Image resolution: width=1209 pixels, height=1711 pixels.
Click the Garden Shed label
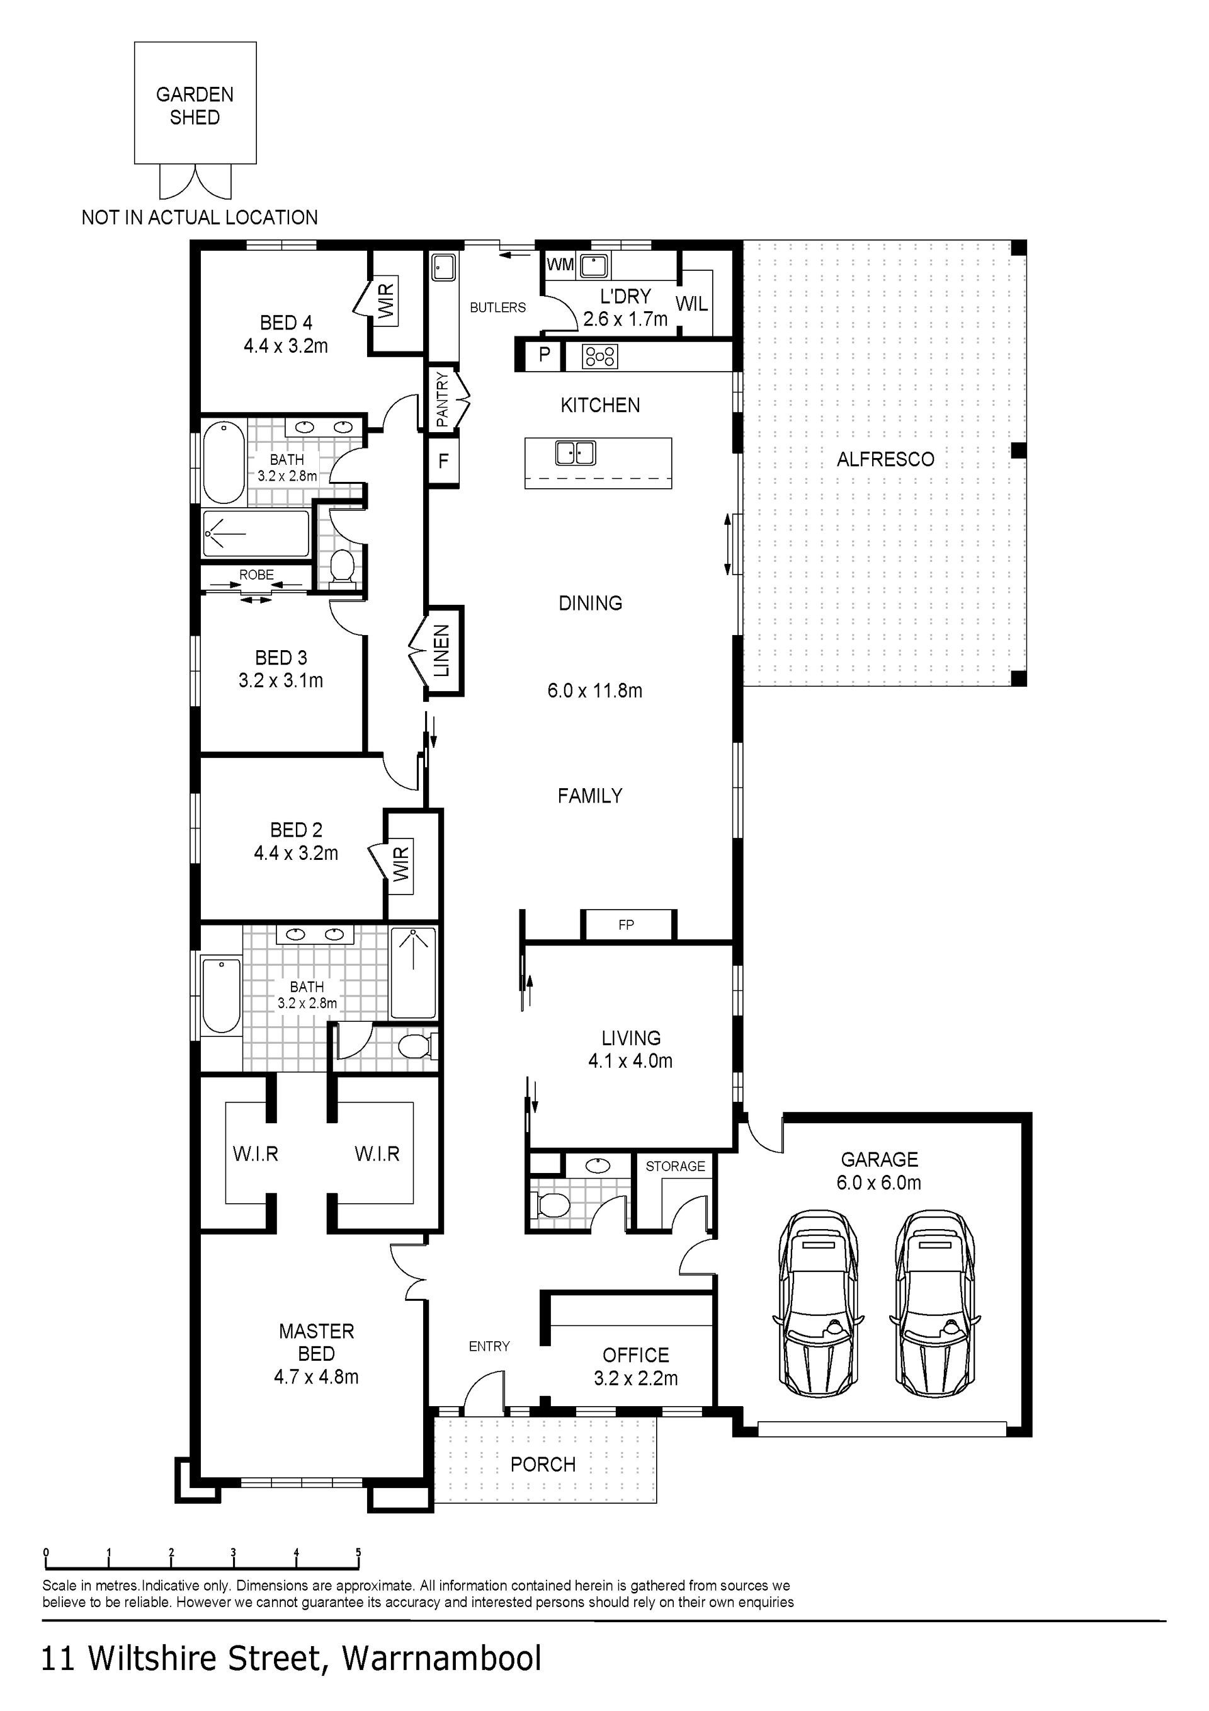tap(195, 106)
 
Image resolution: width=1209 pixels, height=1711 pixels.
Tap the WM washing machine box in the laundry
tap(560, 265)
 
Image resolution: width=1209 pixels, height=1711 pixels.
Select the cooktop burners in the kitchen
tap(599, 356)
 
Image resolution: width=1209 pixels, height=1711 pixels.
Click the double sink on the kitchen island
tap(576, 452)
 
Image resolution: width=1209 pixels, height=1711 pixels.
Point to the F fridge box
tap(443, 461)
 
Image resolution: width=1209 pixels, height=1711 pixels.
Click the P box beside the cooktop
tap(545, 355)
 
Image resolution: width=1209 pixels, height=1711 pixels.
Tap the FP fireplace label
tap(626, 925)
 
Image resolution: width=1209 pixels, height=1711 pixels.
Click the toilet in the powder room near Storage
tap(550, 1203)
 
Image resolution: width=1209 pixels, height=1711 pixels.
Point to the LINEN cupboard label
tap(442, 651)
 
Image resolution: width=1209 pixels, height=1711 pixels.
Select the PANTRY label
tap(442, 399)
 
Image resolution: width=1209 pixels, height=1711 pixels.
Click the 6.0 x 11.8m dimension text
tap(594, 691)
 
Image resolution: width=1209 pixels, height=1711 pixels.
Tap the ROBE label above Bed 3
tap(256, 575)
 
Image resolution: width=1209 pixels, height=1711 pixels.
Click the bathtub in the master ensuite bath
tap(221, 995)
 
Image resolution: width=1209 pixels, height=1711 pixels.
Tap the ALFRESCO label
tap(885, 459)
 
